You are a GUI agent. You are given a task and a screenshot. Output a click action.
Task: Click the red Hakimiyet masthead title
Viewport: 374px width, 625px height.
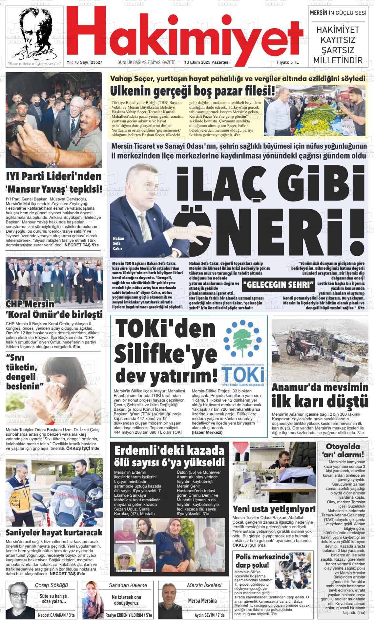point(184,31)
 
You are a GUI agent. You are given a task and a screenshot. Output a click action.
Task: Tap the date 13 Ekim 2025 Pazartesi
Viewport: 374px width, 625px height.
point(207,62)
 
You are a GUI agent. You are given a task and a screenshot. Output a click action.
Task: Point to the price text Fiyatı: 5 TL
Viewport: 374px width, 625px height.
point(288,62)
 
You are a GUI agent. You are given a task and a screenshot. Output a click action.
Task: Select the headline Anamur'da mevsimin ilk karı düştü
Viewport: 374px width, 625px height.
point(320,395)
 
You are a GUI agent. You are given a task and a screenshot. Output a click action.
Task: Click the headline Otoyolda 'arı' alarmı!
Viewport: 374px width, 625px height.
point(344,450)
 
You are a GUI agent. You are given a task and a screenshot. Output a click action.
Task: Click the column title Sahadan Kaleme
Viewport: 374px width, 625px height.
point(128,585)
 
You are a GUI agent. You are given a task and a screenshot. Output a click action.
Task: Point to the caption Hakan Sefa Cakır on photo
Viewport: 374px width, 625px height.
point(118,243)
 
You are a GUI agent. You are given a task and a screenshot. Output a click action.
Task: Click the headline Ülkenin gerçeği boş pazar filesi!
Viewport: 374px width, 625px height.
point(193,91)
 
